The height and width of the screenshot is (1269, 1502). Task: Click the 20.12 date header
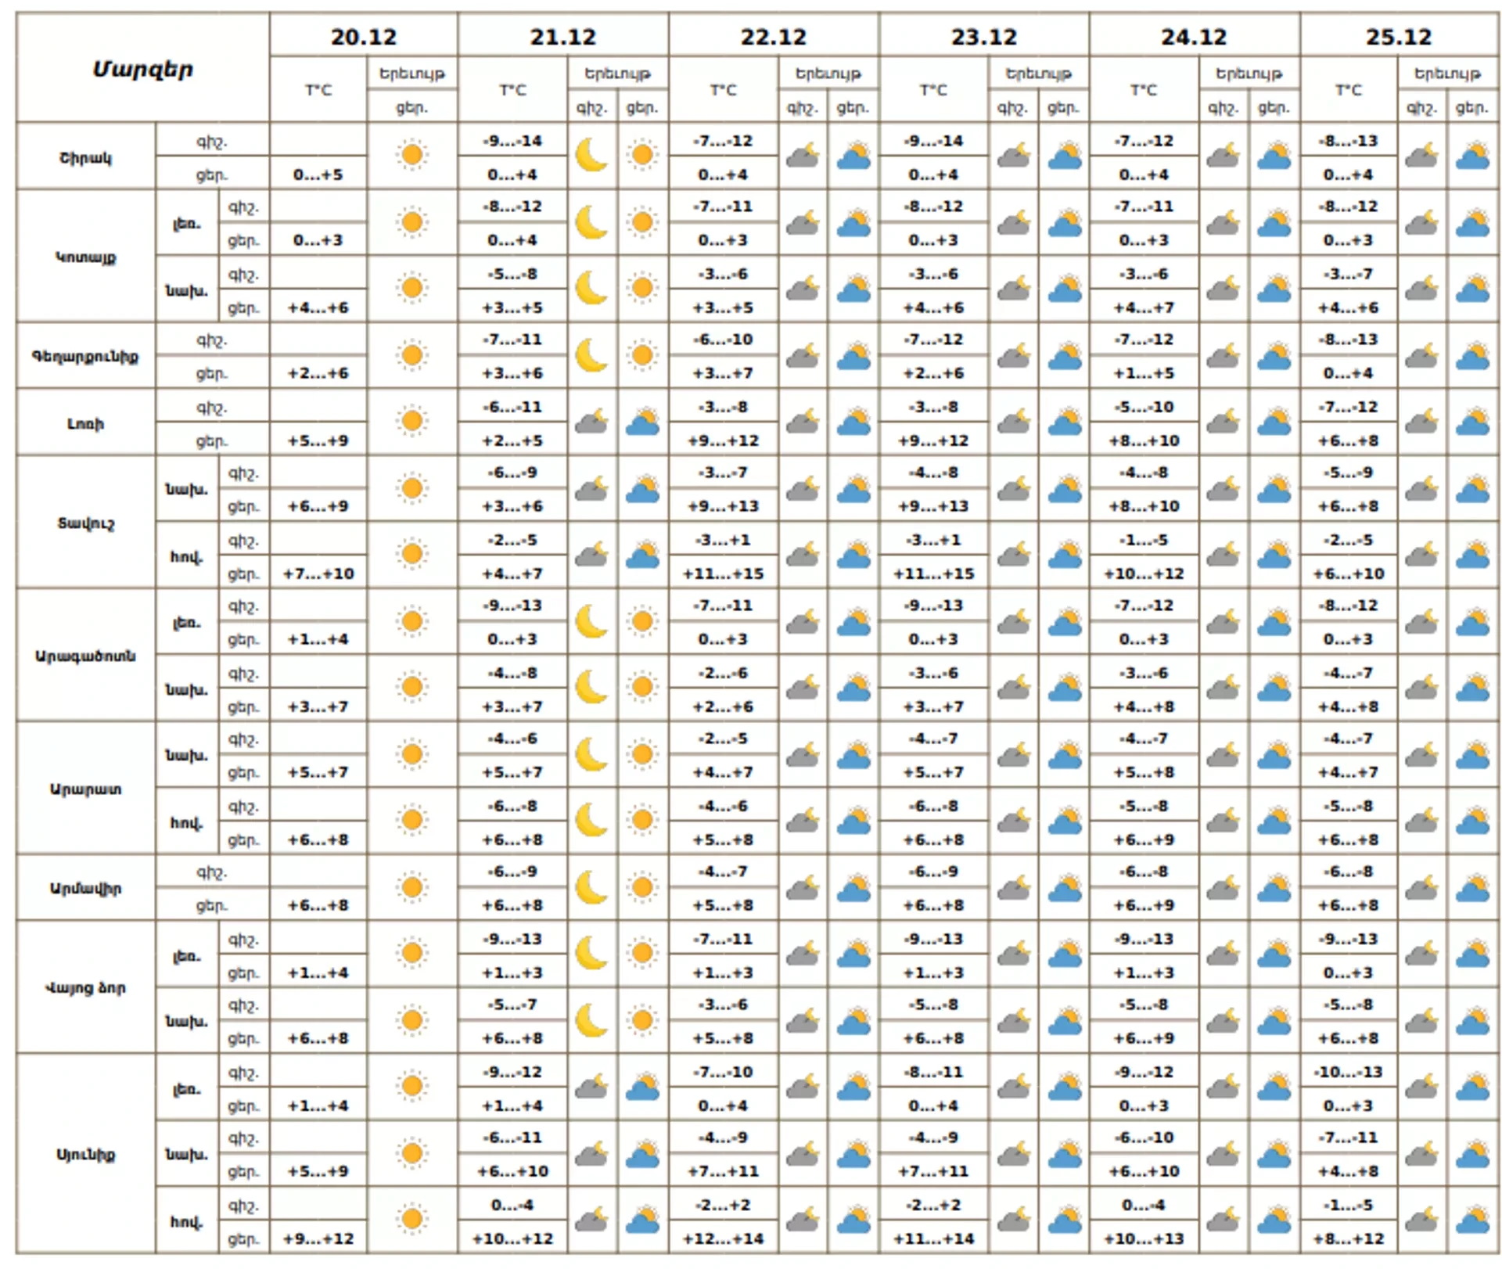tap(363, 37)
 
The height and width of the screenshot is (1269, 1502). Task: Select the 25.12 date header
tap(1398, 37)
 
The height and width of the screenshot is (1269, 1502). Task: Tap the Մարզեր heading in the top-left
tap(142, 69)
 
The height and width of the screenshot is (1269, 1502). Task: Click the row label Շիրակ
tap(85, 157)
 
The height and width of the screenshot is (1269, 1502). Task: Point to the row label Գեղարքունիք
tap(85, 356)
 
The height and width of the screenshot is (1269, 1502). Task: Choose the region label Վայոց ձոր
tap(85, 987)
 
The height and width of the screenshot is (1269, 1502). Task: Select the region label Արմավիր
tap(85, 888)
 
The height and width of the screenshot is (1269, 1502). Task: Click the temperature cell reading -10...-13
tap(1348, 1072)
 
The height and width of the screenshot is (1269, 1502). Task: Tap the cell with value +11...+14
tap(933, 1238)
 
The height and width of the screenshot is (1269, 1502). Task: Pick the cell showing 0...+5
tap(318, 174)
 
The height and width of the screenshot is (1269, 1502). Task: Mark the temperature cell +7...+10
tap(318, 573)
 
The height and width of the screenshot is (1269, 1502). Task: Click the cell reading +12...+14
tap(723, 1238)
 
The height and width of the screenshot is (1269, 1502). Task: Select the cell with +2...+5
tap(512, 440)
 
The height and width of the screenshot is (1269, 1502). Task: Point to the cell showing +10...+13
tap(1143, 1238)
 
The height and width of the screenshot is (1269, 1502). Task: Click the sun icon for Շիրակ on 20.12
tap(412, 155)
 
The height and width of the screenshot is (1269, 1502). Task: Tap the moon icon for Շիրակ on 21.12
tap(591, 155)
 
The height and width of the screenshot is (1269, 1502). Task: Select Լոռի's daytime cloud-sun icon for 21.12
tap(642, 422)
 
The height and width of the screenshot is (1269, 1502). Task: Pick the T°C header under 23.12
tap(933, 90)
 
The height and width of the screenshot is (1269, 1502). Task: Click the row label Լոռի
tap(85, 424)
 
